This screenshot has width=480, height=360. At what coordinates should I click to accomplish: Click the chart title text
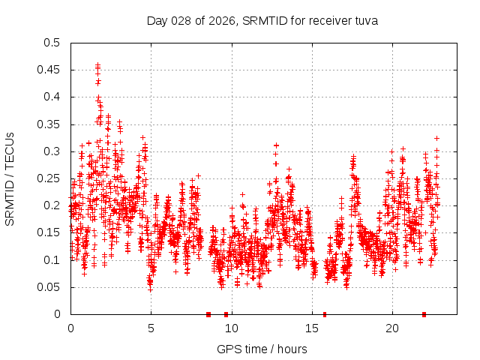tap(262, 20)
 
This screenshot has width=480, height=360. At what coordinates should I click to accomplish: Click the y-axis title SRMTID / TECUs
tap(10, 178)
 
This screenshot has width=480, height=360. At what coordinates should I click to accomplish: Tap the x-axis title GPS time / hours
tap(262, 349)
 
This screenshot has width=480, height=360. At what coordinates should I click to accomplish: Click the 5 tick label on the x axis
tap(151, 328)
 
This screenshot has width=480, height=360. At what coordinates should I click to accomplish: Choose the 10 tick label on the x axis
tap(231, 328)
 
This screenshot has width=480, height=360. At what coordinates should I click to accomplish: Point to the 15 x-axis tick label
tap(311, 328)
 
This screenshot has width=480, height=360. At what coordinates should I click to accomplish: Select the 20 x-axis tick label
tap(391, 328)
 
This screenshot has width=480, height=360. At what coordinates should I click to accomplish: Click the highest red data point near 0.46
tap(97, 65)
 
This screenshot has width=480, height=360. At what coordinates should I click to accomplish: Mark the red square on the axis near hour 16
tap(325, 314)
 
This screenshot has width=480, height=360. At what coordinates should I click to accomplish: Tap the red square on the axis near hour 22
tap(424, 314)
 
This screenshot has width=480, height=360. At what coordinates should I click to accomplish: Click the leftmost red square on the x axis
tap(208, 314)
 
